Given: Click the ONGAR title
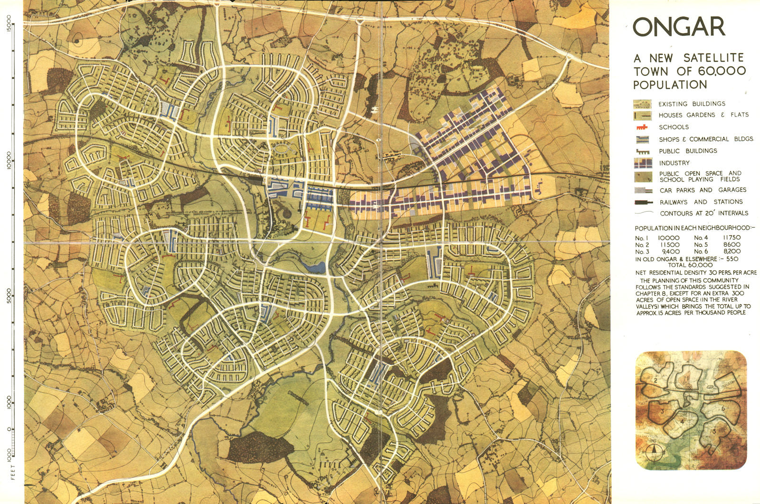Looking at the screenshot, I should (x=679, y=28).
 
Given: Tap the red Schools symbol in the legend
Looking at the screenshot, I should (x=642, y=127).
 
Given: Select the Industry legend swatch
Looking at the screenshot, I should (x=642, y=163).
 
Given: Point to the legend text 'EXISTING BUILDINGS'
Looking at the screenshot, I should (x=692, y=104).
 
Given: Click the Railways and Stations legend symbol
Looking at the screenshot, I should (x=642, y=202).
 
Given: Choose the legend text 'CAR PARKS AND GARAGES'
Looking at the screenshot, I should (x=703, y=190).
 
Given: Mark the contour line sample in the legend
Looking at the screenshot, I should (x=642, y=213).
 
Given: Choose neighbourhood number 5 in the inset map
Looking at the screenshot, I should (x=714, y=431).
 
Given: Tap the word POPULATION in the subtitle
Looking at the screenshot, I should (x=670, y=85).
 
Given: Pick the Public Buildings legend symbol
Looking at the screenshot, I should (x=642, y=151).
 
